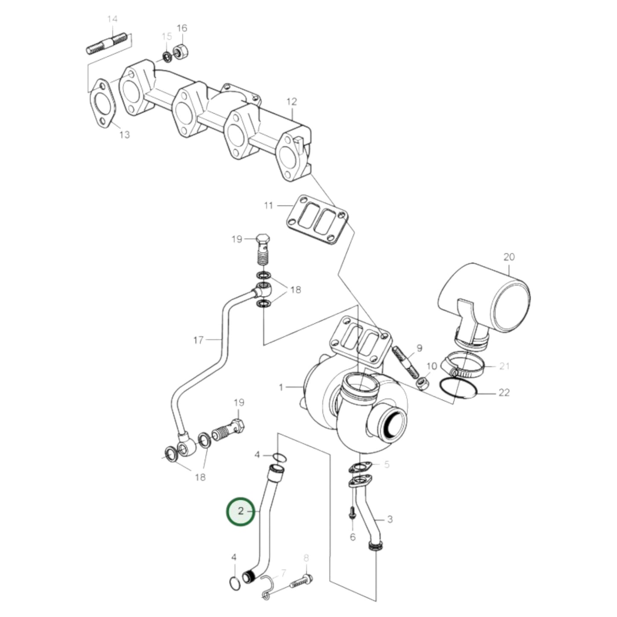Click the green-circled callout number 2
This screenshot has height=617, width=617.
[x=240, y=511]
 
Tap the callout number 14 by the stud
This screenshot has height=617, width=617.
[x=112, y=19]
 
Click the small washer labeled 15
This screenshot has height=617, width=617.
[x=167, y=56]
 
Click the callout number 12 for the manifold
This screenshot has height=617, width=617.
[x=291, y=102]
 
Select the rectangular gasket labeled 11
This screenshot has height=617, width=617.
[x=316, y=220]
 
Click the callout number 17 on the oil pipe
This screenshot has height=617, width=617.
[x=198, y=340]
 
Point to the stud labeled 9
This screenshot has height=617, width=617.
[x=406, y=361]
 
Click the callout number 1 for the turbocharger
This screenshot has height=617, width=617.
[x=281, y=387]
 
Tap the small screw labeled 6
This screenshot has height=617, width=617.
[x=352, y=512]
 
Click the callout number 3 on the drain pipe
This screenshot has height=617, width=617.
[x=389, y=519]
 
